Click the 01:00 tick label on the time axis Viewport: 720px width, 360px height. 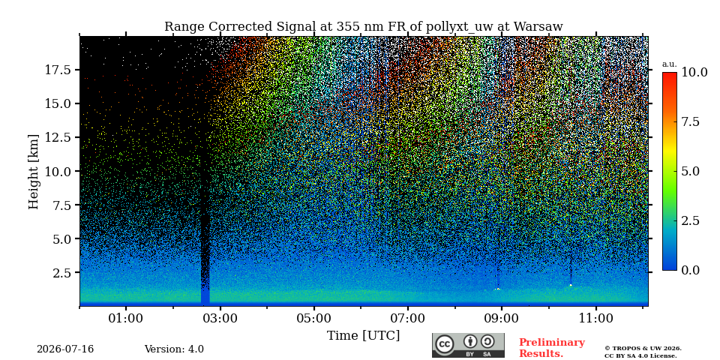(x=126, y=318)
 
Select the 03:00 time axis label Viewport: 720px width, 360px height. (x=220, y=318)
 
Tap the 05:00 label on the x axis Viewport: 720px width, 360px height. (x=314, y=318)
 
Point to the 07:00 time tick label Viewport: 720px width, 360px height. (x=408, y=318)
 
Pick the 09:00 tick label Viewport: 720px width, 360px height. (x=502, y=318)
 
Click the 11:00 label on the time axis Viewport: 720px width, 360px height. (x=596, y=318)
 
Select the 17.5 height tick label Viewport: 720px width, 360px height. (x=58, y=70)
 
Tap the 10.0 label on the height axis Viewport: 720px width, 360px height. (x=58, y=171)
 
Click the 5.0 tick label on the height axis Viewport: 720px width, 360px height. (x=61, y=238)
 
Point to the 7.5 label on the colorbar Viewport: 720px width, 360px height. (x=691, y=121)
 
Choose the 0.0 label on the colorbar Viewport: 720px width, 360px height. (x=691, y=270)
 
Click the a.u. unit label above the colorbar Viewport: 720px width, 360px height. (x=670, y=64)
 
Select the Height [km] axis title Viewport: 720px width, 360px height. (x=34, y=172)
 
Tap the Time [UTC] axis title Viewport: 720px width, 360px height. (x=363, y=336)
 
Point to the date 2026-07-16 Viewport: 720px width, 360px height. (x=65, y=349)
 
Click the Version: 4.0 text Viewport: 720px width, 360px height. (x=174, y=349)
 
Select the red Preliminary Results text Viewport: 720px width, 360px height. (x=552, y=348)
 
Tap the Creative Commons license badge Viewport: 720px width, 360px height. (x=468, y=345)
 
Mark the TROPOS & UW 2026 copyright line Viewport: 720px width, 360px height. (x=643, y=349)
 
